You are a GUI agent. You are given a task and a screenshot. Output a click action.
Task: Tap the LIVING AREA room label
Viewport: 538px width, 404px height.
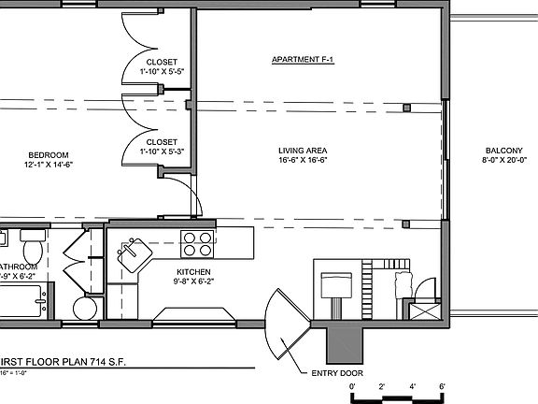[x=302, y=151]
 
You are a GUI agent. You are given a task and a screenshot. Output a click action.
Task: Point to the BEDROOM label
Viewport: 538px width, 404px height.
[x=48, y=154]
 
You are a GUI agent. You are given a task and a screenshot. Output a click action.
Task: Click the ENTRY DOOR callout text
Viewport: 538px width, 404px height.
[x=337, y=372]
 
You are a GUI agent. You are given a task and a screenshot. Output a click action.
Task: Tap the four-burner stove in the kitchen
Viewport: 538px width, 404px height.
[x=196, y=243]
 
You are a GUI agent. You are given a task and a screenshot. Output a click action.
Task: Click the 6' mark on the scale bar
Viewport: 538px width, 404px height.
[x=442, y=386]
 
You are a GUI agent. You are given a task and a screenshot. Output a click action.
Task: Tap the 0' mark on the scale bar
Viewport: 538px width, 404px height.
[x=352, y=386]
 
